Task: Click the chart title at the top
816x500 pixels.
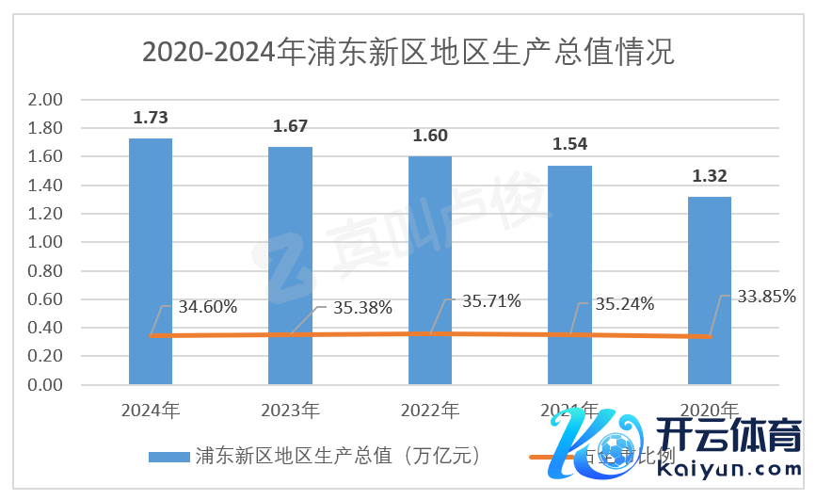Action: tap(408, 50)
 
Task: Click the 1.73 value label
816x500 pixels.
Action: tap(151, 118)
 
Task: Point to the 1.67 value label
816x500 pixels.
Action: tap(290, 126)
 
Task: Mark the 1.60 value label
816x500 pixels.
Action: tap(430, 136)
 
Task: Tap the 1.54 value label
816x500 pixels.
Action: tap(569, 145)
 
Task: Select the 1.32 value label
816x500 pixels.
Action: tap(710, 176)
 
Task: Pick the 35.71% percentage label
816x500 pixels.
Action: tap(491, 301)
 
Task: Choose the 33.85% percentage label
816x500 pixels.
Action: tap(766, 297)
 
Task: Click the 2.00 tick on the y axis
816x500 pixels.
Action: tap(45, 100)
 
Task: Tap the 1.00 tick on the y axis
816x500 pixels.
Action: tap(45, 243)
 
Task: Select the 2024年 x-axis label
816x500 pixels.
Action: tap(151, 410)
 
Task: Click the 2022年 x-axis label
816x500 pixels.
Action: tap(430, 410)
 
